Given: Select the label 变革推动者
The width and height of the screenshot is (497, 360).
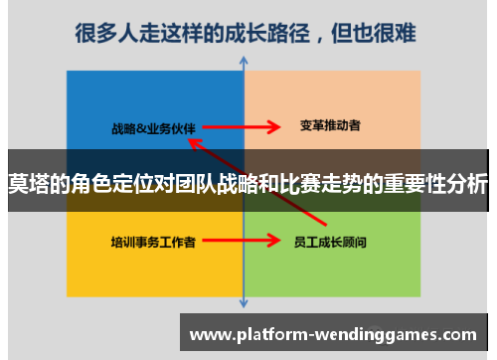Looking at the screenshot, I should coord(329,126).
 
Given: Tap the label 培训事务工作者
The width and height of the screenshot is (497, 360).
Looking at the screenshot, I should coord(153,241).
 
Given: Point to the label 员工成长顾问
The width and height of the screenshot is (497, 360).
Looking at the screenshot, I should coord(331,241).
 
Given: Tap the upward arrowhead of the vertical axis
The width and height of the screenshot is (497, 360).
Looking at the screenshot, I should coord(245,62).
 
